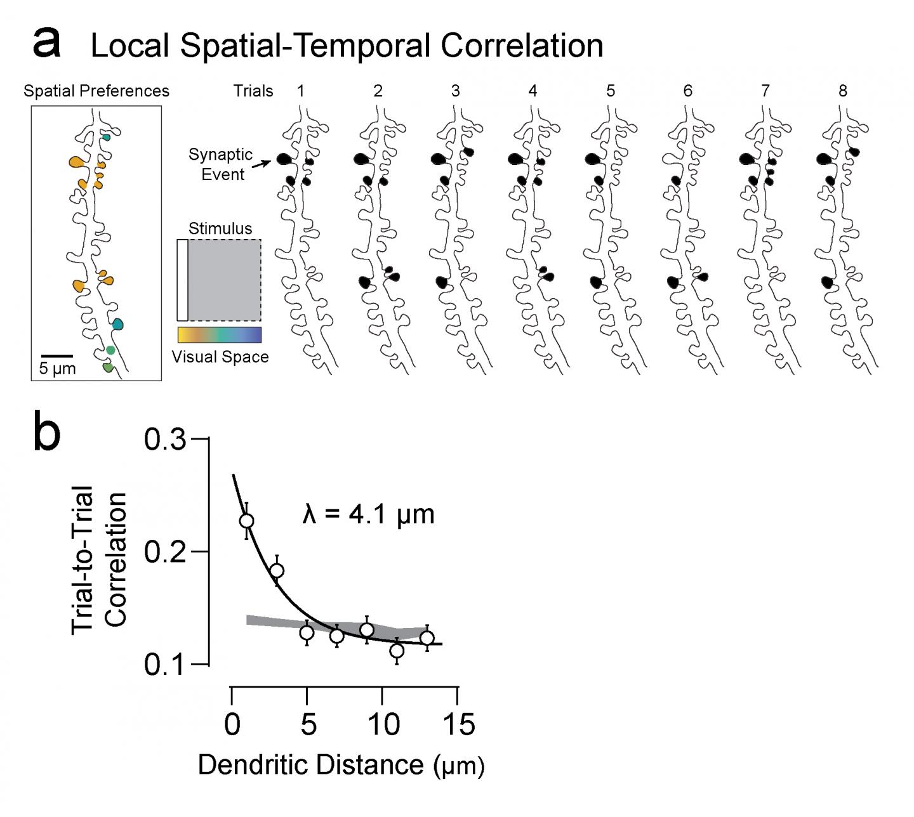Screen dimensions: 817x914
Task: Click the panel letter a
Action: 47,43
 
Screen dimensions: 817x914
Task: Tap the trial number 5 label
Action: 610,91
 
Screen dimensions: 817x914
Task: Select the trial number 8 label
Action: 842,91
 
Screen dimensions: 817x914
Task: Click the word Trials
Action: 253,91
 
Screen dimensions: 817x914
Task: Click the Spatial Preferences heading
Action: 96,91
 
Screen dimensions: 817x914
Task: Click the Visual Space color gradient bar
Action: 219,335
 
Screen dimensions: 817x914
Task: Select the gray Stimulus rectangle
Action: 224,280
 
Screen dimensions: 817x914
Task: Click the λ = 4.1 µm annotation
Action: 368,514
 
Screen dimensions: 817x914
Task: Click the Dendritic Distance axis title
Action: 341,765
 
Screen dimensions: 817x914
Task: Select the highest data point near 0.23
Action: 246,521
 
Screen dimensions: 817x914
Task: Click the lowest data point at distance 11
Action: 397,651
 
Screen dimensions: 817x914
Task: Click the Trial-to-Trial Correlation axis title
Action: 99,558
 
